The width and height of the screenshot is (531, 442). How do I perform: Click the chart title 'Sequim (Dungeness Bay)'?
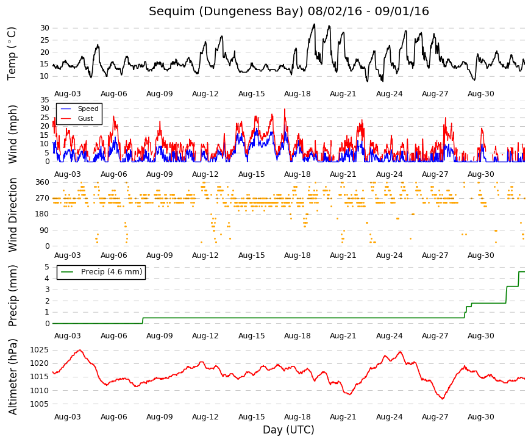[x=226, y=12]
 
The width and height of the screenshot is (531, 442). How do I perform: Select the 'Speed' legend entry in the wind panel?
[x=88, y=109]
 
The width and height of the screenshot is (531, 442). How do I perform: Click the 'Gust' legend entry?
[x=85, y=118]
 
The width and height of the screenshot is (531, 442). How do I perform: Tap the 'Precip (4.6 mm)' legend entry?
[x=112, y=272]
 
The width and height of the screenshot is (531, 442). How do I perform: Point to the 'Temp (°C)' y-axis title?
[x=12, y=54]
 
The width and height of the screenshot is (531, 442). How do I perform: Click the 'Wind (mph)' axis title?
[x=12, y=135]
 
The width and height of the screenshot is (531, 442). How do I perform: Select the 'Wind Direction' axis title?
[x=12, y=215]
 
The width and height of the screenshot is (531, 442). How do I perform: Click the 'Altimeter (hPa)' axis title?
[x=12, y=377]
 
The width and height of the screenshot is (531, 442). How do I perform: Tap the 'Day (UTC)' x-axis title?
[x=288, y=430]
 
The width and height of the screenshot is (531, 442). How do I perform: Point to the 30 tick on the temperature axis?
[x=45, y=28]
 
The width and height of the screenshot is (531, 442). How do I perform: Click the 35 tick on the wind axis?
[x=45, y=99]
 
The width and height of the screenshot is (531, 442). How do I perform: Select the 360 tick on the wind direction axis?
[x=43, y=182]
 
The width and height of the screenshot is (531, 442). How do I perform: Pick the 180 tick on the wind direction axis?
[x=43, y=214]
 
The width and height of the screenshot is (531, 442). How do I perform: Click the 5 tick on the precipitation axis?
[x=47, y=267]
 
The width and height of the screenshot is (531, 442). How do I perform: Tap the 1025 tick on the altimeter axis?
[x=39, y=350]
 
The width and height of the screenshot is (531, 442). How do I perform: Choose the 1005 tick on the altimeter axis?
[x=39, y=404]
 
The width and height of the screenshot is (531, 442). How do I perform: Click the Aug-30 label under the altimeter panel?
[x=481, y=417]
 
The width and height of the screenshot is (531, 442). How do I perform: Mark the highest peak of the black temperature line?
[x=314, y=24]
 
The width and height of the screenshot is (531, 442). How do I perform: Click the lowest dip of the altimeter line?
[x=442, y=399]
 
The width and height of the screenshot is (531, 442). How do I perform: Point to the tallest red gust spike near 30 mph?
[x=285, y=109]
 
